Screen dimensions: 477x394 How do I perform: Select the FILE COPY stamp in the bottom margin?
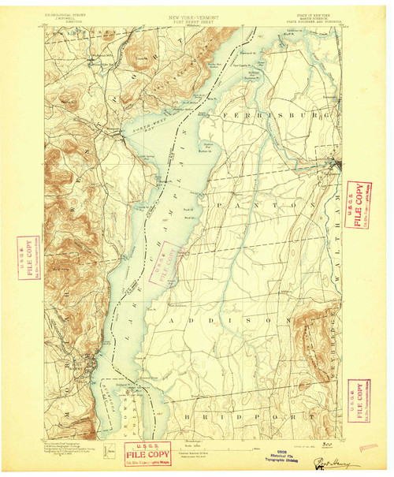tap(146, 455)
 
